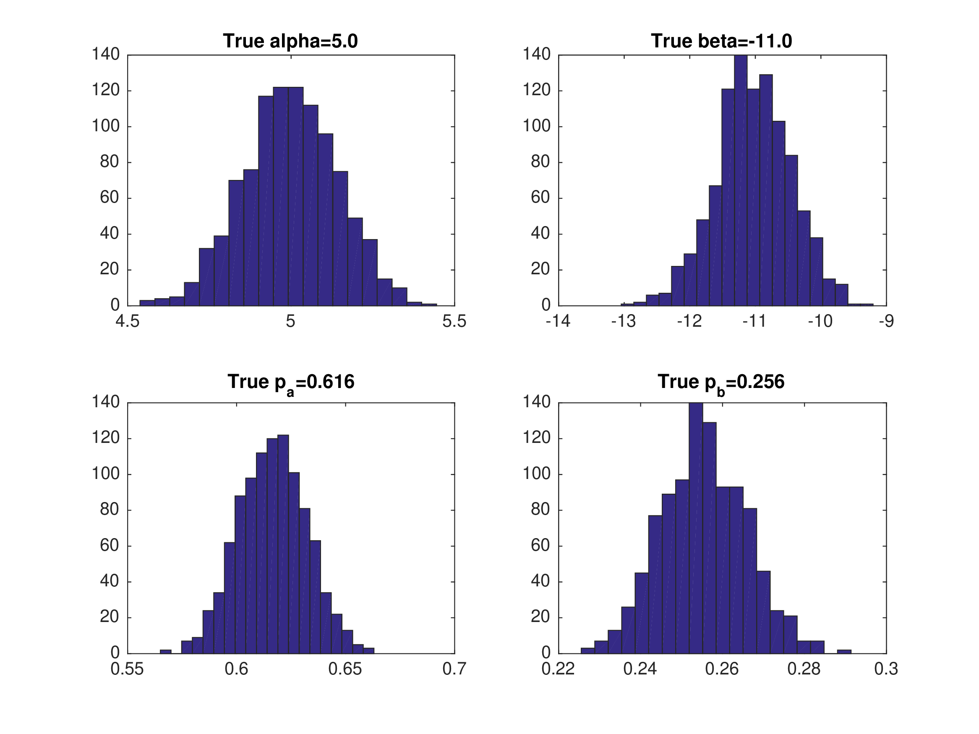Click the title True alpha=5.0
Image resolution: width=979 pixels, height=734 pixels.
290,41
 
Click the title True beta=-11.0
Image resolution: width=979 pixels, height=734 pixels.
721,41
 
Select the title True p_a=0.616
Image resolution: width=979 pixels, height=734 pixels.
291,382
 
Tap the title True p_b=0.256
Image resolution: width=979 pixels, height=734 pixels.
721,382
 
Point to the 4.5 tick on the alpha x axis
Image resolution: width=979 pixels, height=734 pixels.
128,321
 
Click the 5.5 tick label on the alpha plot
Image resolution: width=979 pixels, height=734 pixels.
454,321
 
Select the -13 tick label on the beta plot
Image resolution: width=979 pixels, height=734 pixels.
623,321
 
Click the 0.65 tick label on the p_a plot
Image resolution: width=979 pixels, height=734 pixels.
345,669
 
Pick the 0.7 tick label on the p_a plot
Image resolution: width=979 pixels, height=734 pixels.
454,669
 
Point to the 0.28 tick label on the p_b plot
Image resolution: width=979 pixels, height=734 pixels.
804,669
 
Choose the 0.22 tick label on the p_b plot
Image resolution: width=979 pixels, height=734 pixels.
558,669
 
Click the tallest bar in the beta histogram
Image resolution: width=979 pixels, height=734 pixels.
741,177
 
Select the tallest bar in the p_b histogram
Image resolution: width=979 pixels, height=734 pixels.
696,526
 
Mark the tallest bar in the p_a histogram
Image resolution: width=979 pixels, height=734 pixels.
283,544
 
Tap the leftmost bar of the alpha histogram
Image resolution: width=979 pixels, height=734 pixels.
147,303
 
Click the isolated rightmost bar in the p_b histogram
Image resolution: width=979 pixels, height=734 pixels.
844,651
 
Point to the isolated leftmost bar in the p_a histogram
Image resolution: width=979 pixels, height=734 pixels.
165,651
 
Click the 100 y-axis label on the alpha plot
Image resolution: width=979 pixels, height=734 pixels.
106,126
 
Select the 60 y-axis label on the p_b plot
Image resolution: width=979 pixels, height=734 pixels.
540,546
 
